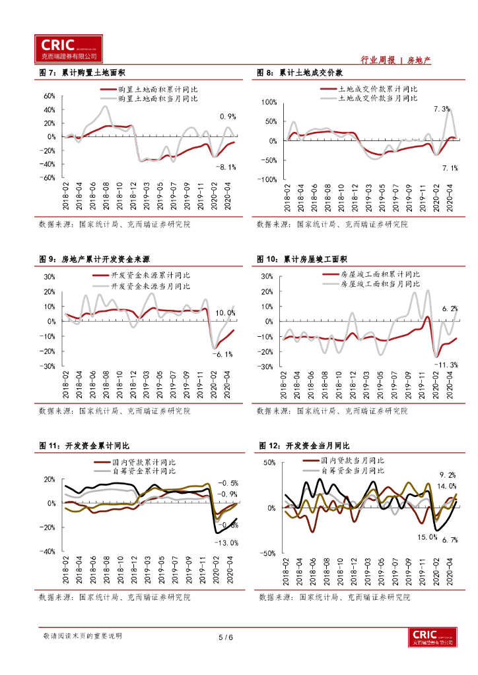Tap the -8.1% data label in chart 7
(225, 167)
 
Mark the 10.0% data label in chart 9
(226, 312)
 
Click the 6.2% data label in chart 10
(450, 308)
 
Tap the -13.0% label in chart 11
(226, 543)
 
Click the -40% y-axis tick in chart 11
(48, 552)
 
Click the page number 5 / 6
(226, 637)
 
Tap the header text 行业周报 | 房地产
(396, 60)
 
